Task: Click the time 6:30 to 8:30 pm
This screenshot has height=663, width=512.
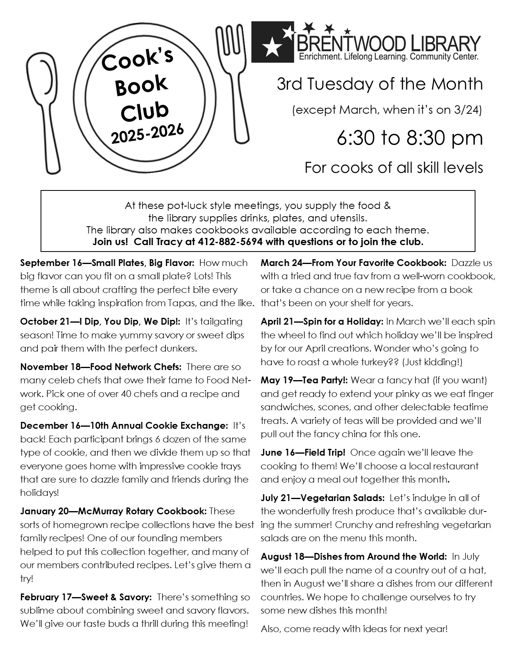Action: (410, 138)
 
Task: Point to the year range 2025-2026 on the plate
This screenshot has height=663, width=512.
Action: (147, 134)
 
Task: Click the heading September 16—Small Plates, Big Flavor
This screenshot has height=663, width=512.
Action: (107, 263)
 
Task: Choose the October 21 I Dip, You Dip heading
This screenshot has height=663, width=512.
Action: (100, 322)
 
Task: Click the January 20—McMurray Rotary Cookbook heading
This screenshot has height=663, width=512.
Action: (114, 512)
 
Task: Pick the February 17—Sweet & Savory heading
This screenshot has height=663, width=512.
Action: (86, 598)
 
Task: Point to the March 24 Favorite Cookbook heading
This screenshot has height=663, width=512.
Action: (353, 263)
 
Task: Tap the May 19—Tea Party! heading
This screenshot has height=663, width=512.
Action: (304, 380)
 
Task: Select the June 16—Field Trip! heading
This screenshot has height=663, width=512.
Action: (303, 453)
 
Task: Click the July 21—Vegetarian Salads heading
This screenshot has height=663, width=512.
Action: (322, 498)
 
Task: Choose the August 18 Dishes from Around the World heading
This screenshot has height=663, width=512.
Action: (353, 557)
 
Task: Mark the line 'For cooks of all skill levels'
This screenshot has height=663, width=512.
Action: (394, 168)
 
